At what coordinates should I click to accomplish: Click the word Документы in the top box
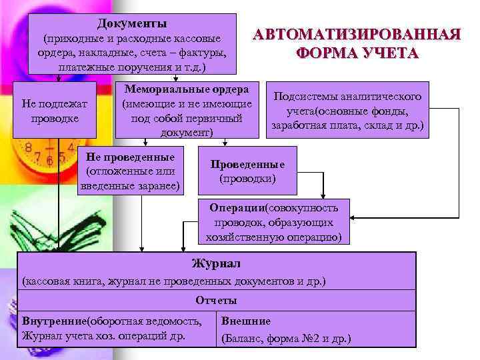click(x=131, y=25)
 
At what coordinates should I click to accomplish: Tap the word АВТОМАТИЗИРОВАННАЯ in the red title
click(x=357, y=35)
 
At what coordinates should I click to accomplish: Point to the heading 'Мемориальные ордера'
click(x=186, y=89)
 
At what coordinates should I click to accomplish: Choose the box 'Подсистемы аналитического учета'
click(x=347, y=111)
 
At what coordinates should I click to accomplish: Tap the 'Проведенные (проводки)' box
click(x=247, y=172)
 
